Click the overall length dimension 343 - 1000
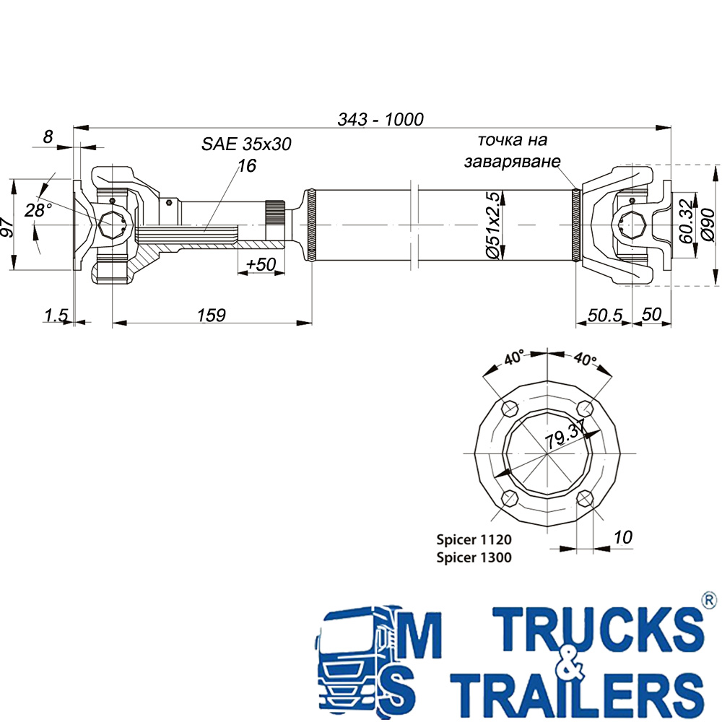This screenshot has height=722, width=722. (x=380, y=120)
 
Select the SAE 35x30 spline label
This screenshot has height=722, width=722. (x=246, y=144)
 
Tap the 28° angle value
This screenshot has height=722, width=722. (x=38, y=210)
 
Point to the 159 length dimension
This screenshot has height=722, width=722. (x=212, y=316)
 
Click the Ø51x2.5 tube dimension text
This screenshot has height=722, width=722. (x=492, y=225)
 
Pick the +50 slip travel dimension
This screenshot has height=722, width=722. (x=261, y=264)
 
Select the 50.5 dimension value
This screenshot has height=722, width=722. (x=605, y=316)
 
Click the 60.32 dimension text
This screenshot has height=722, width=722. (x=686, y=221)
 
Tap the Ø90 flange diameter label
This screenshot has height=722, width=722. (x=708, y=225)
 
